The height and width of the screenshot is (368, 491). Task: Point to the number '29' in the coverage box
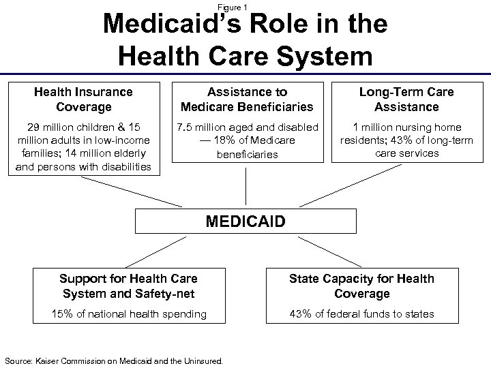point(34,127)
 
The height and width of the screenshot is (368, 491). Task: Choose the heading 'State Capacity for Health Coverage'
point(361,286)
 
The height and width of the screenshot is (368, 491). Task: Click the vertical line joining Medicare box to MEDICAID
point(245,186)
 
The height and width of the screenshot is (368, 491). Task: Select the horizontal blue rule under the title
point(245,73)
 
